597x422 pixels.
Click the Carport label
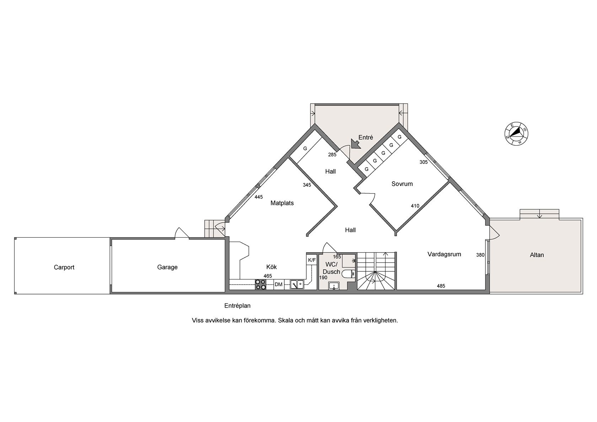tap(64, 267)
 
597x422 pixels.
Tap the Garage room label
tap(167, 267)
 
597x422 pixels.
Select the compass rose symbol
tap(516, 134)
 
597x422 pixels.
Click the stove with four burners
tap(260, 284)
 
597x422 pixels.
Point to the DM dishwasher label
tap(278, 284)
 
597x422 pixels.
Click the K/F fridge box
tap(312, 260)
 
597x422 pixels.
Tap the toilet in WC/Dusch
tap(348, 274)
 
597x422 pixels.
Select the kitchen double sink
tap(297, 284)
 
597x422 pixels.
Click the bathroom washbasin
tap(334, 286)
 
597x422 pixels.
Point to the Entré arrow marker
tap(355, 144)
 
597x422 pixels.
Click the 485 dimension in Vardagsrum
tap(441, 286)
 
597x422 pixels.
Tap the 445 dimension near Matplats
tap(259, 197)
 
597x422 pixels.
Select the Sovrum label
tap(402, 184)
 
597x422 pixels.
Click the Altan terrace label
tap(537, 255)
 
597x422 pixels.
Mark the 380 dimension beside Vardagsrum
tap(480, 255)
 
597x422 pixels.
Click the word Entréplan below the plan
tap(237, 306)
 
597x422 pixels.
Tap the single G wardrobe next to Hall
tap(305, 148)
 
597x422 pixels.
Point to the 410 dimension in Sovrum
tap(415, 206)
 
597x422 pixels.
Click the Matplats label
tap(282, 203)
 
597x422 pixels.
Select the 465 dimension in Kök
tap(268, 276)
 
